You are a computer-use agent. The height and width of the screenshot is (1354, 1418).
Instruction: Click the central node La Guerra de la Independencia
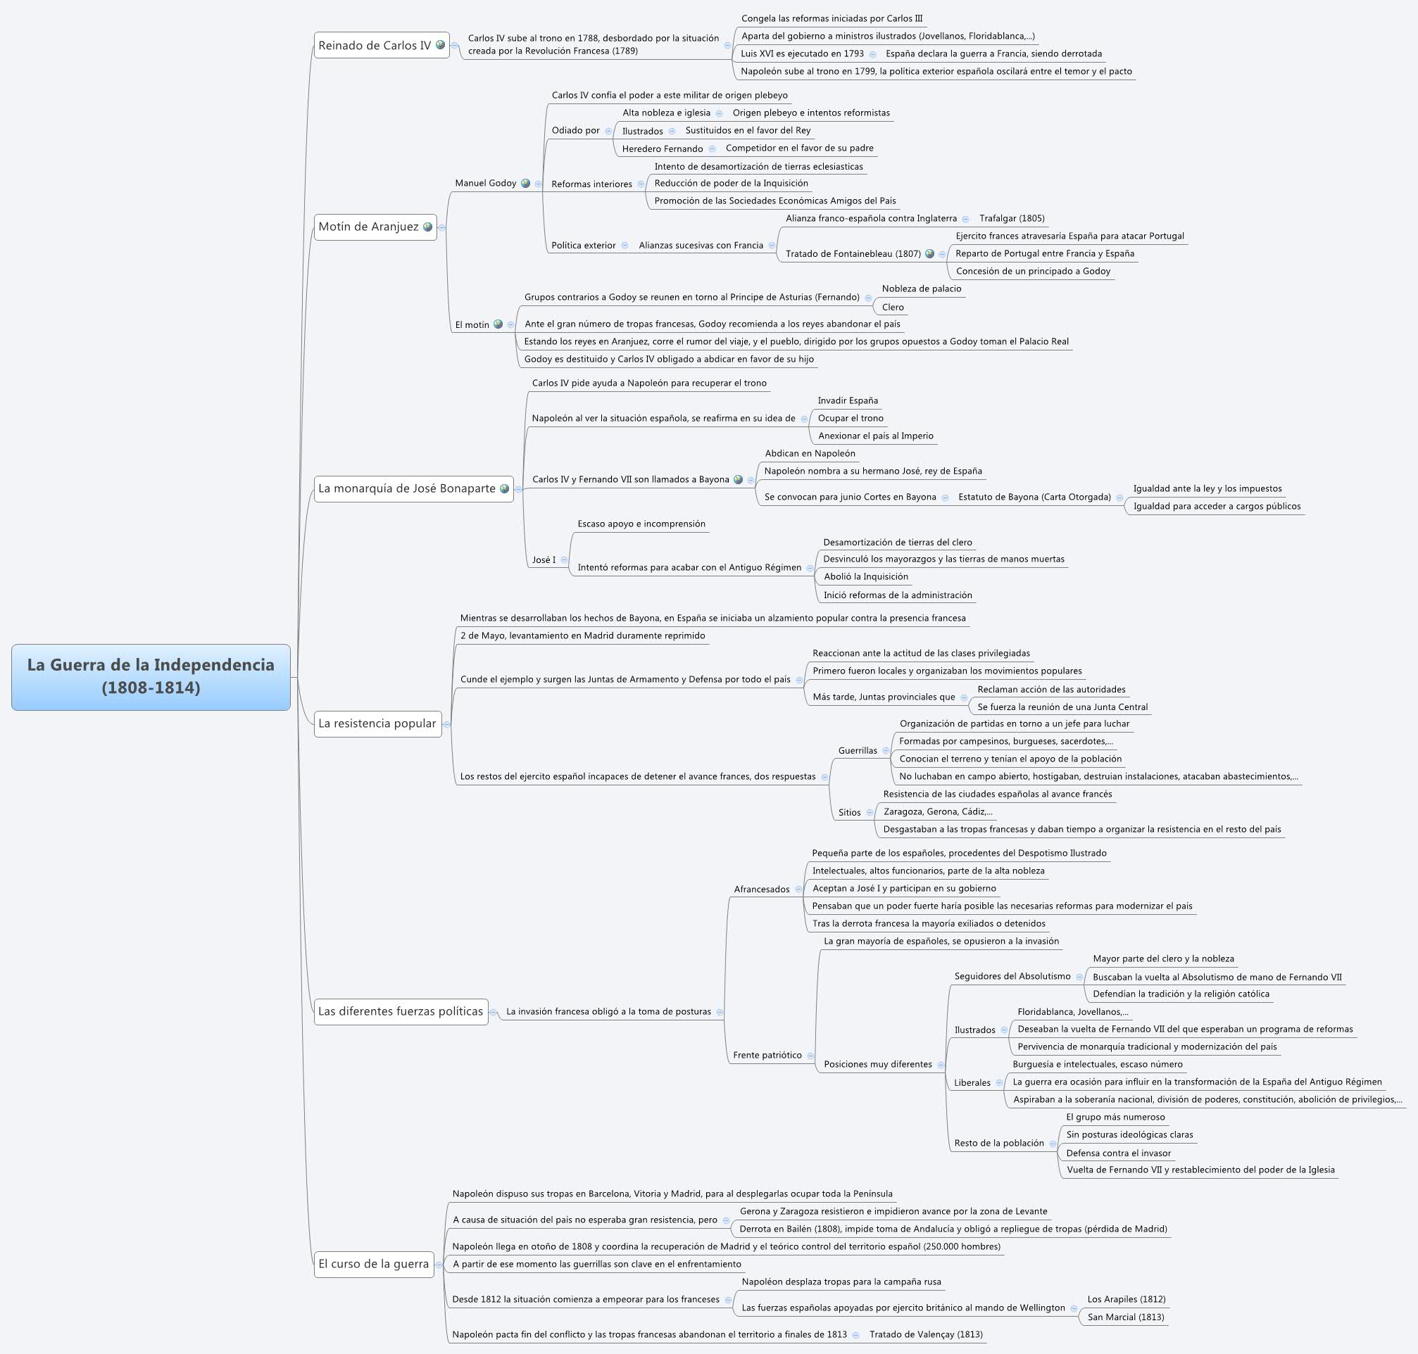click(x=151, y=676)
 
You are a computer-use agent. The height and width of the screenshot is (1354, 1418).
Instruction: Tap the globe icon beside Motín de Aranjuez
click(x=428, y=227)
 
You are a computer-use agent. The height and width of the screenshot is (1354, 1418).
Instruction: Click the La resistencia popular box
click(x=377, y=723)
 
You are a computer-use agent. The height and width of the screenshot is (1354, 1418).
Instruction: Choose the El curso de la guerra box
click(x=373, y=1263)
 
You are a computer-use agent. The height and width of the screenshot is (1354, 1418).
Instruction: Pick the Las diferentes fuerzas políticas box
click(x=400, y=1011)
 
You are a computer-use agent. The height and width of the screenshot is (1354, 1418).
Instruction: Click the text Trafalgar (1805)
click(x=1012, y=218)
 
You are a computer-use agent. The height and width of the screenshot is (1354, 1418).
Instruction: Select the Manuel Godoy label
click(x=485, y=183)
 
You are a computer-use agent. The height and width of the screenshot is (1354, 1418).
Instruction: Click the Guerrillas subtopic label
click(x=857, y=751)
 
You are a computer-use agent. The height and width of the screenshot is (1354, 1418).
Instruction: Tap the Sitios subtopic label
click(x=849, y=812)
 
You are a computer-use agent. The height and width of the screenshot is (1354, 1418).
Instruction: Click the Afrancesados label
click(x=762, y=890)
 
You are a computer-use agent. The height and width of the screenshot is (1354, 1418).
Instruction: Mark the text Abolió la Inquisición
click(x=866, y=576)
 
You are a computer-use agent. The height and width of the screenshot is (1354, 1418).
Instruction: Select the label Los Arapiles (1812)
click(x=1127, y=1298)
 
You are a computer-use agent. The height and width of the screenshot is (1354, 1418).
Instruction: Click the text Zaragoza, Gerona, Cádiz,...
click(x=937, y=811)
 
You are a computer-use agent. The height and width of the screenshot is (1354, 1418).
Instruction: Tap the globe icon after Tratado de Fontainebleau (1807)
click(x=930, y=254)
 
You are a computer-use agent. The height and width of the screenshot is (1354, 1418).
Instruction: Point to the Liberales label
click(x=972, y=1082)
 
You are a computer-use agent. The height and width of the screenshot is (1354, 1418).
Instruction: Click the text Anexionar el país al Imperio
click(x=875, y=435)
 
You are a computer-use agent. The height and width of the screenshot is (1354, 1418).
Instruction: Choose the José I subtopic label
click(x=544, y=559)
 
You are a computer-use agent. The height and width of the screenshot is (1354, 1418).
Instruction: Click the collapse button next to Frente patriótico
click(x=811, y=1056)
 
